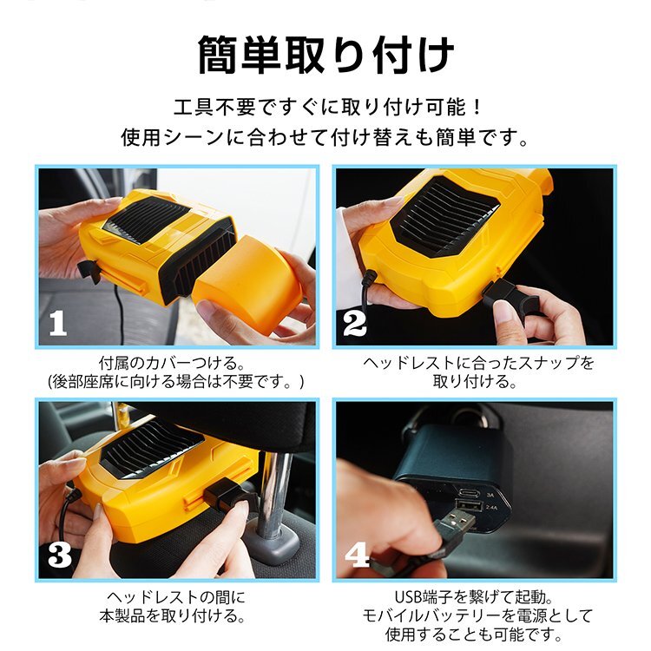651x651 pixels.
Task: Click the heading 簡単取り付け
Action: coord(325,56)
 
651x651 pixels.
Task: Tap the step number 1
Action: coord(57,324)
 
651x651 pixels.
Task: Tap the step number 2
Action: coord(354,324)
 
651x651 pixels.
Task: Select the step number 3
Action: coord(60,556)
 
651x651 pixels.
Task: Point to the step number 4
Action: coord(357,556)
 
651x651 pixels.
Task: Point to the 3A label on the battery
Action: coord(490,495)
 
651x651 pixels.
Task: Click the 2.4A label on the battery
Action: coord(491,508)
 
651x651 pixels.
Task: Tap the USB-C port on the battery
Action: coord(469,494)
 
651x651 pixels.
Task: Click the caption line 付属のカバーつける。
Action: coord(171,364)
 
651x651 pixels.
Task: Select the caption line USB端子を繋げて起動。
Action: coord(474,597)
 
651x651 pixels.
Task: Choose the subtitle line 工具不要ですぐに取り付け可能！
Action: coord(327,107)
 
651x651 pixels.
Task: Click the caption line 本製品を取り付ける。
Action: coord(172,615)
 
